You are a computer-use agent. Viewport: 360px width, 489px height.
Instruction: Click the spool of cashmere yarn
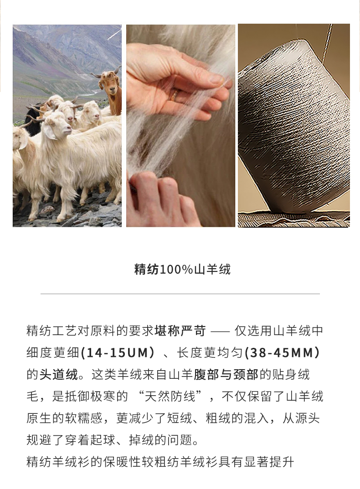pyautogui.click(x=294, y=128)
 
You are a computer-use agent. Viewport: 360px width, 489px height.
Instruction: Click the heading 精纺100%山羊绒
pyautogui.click(x=182, y=269)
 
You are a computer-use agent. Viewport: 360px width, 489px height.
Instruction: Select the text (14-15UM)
pyautogui.click(x=118, y=353)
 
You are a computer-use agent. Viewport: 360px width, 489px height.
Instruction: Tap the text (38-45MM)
pyautogui.click(x=282, y=353)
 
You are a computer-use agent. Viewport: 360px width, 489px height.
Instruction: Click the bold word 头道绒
pyautogui.click(x=59, y=375)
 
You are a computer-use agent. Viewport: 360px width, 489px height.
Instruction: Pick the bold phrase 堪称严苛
pyautogui.click(x=180, y=331)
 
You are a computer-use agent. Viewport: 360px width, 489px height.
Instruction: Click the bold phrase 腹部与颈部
pyautogui.click(x=226, y=375)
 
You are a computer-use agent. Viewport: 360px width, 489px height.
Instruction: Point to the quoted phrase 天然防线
pyautogui.click(x=170, y=397)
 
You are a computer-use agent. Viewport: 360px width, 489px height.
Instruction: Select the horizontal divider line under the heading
pyautogui.click(x=180, y=294)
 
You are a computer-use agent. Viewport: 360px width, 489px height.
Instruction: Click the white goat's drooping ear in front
pyautogui.click(x=49, y=132)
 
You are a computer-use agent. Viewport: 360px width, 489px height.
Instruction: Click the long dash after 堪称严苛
pyautogui.click(x=221, y=331)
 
